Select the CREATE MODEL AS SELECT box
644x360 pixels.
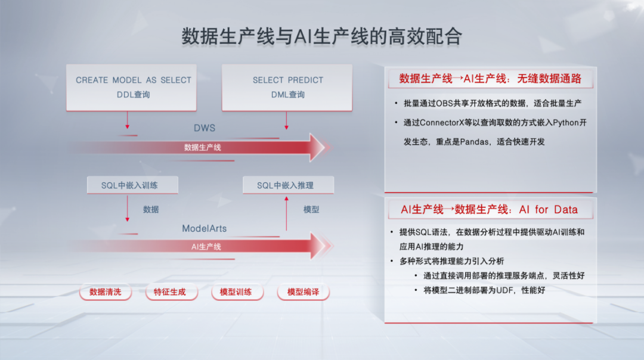pyautogui.click(x=132, y=87)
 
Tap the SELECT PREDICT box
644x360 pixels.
pyautogui.click(x=287, y=87)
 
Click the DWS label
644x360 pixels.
pyautogui.click(x=204, y=128)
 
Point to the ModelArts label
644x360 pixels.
pyautogui.click(x=204, y=228)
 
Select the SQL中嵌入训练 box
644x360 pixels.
pyautogui.click(x=132, y=185)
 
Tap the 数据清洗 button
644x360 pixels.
pyautogui.click(x=105, y=292)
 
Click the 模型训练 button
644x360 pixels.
pyautogui.click(x=236, y=292)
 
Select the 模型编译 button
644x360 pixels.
pyautogui.click(x=303, y=292)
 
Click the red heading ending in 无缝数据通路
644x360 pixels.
pyautogui.click(x=490, y=79)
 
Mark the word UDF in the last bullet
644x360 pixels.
pyautogui.click(x=506, y=290)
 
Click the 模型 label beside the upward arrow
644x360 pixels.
pyautogui.click(x=311, y=209)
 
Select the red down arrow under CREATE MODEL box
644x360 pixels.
pyautogui.click(x=127, y=120)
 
